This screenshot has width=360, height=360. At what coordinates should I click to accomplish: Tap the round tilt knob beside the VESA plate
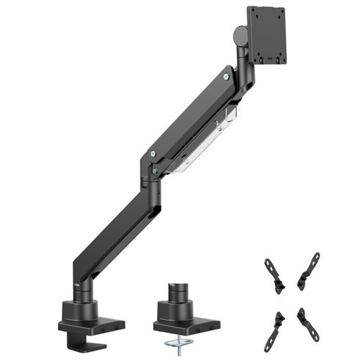tap(239, 35)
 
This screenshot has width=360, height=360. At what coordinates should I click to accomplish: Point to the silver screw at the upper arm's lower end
tap(152, 153)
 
